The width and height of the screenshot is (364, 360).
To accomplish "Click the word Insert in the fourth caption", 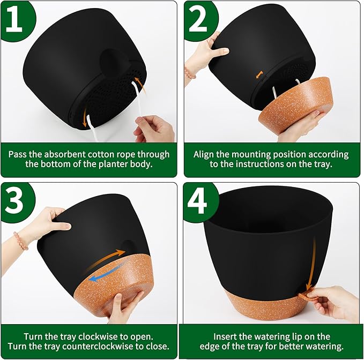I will [226, 336].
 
